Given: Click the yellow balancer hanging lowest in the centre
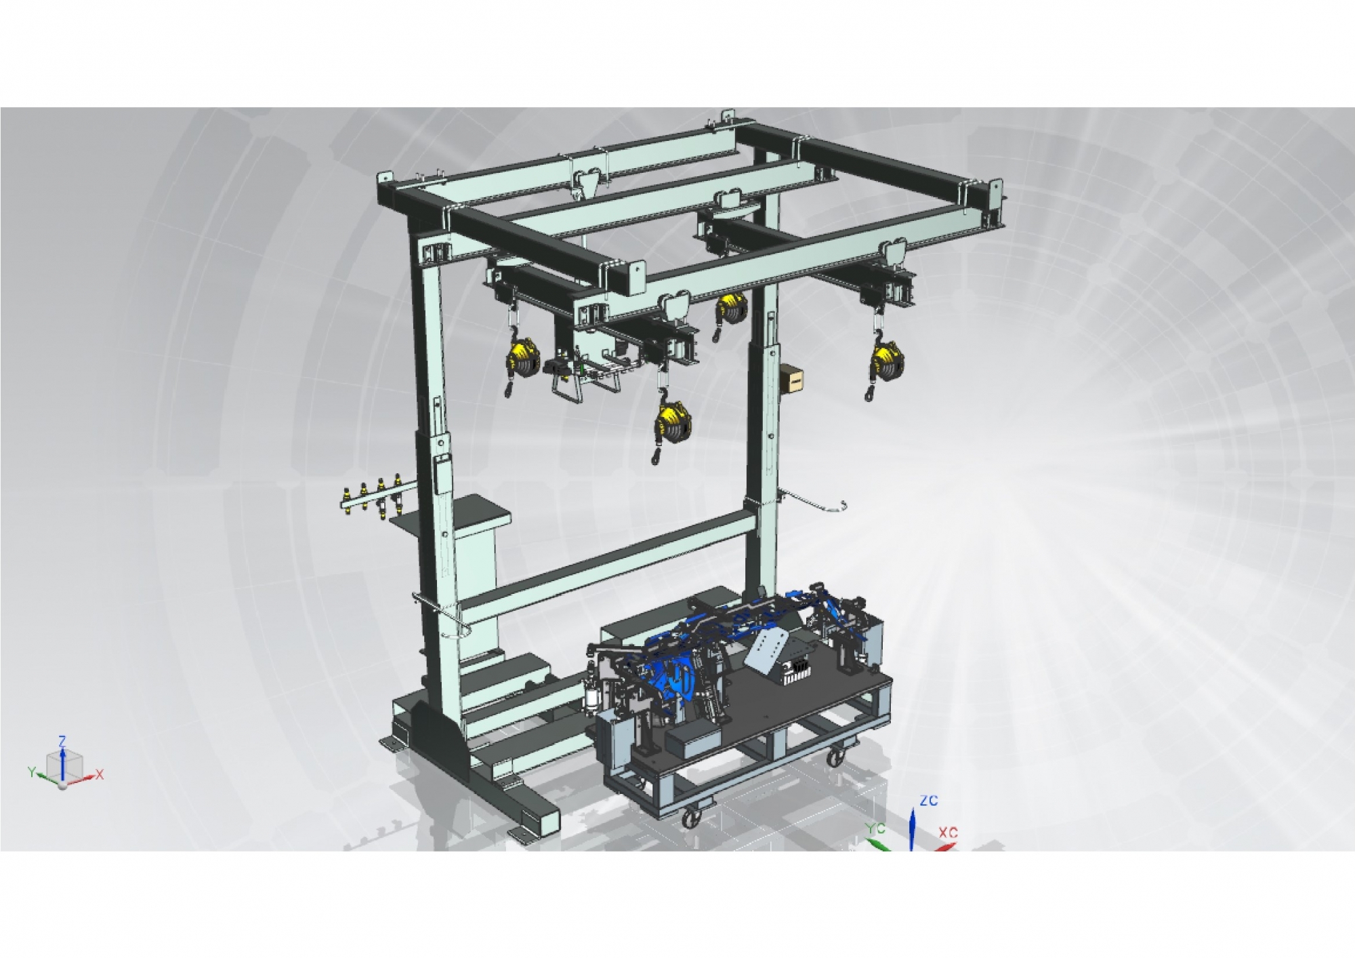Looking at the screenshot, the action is pyautogui.click(x=672, y=424).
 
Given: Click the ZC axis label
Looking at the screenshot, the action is pyautogui.click(x=928, y=801).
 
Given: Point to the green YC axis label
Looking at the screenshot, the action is pyautogui.click(x=876, y=829).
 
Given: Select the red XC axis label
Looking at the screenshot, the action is pyautogui.click(x=948, y=832).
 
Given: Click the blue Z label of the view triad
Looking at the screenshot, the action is pyautogui.click(x=62, y=742).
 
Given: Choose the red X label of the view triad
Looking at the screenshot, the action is pyautogui.click(x=100, y=774).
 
